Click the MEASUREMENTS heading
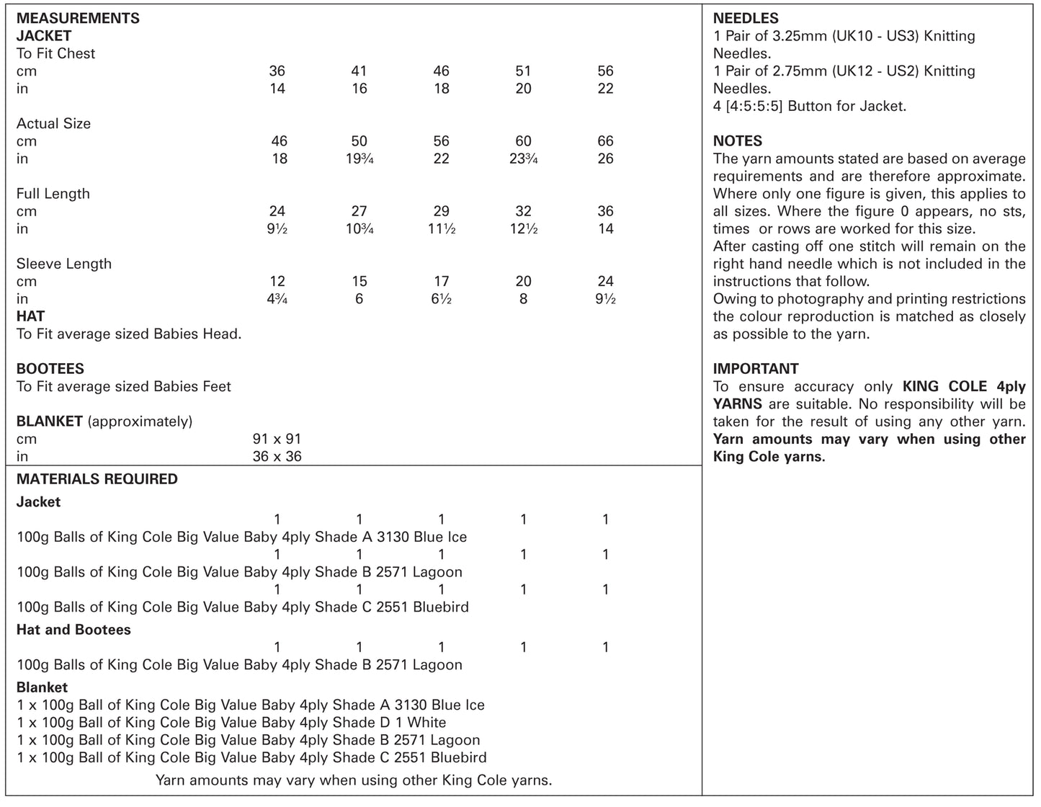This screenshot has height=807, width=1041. [x=78, y=18]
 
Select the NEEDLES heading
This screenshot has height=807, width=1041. [x=746, y=18]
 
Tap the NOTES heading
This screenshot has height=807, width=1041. [x=737, y=141]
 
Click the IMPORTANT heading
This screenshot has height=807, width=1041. [x=756, y=369]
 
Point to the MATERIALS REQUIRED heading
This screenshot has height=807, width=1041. [x=97, y=479]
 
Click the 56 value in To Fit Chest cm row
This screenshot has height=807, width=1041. [x=605, y=71]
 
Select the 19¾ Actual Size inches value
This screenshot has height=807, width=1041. [x=359, y=159]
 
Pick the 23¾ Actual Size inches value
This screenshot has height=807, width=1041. [x=524, y=159]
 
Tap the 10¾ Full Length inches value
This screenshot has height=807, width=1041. [x=359, y=229]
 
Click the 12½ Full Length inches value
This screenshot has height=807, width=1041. [x=524, y=229]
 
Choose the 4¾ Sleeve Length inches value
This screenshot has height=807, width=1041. [x=277, y=299]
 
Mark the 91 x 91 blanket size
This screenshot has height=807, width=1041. [x=277, y=439]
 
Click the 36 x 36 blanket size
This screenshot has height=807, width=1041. [x=277, y=457]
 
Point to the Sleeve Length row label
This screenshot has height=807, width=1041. [x=64, y=264]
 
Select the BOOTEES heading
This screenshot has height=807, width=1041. [x=50, y=369]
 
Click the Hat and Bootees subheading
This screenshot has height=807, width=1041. [x=73, y=630]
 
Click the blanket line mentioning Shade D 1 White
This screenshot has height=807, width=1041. [x=231, y=723]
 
